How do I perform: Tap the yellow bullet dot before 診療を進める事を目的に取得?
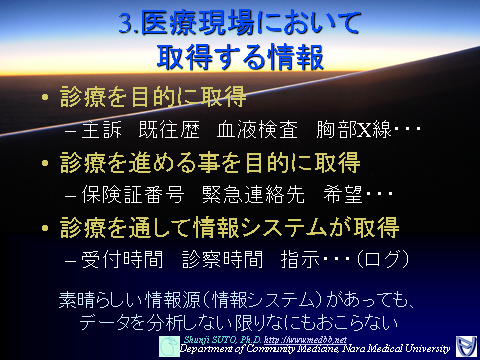(44, 163)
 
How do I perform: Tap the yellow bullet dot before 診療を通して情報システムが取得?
(44, 227)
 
